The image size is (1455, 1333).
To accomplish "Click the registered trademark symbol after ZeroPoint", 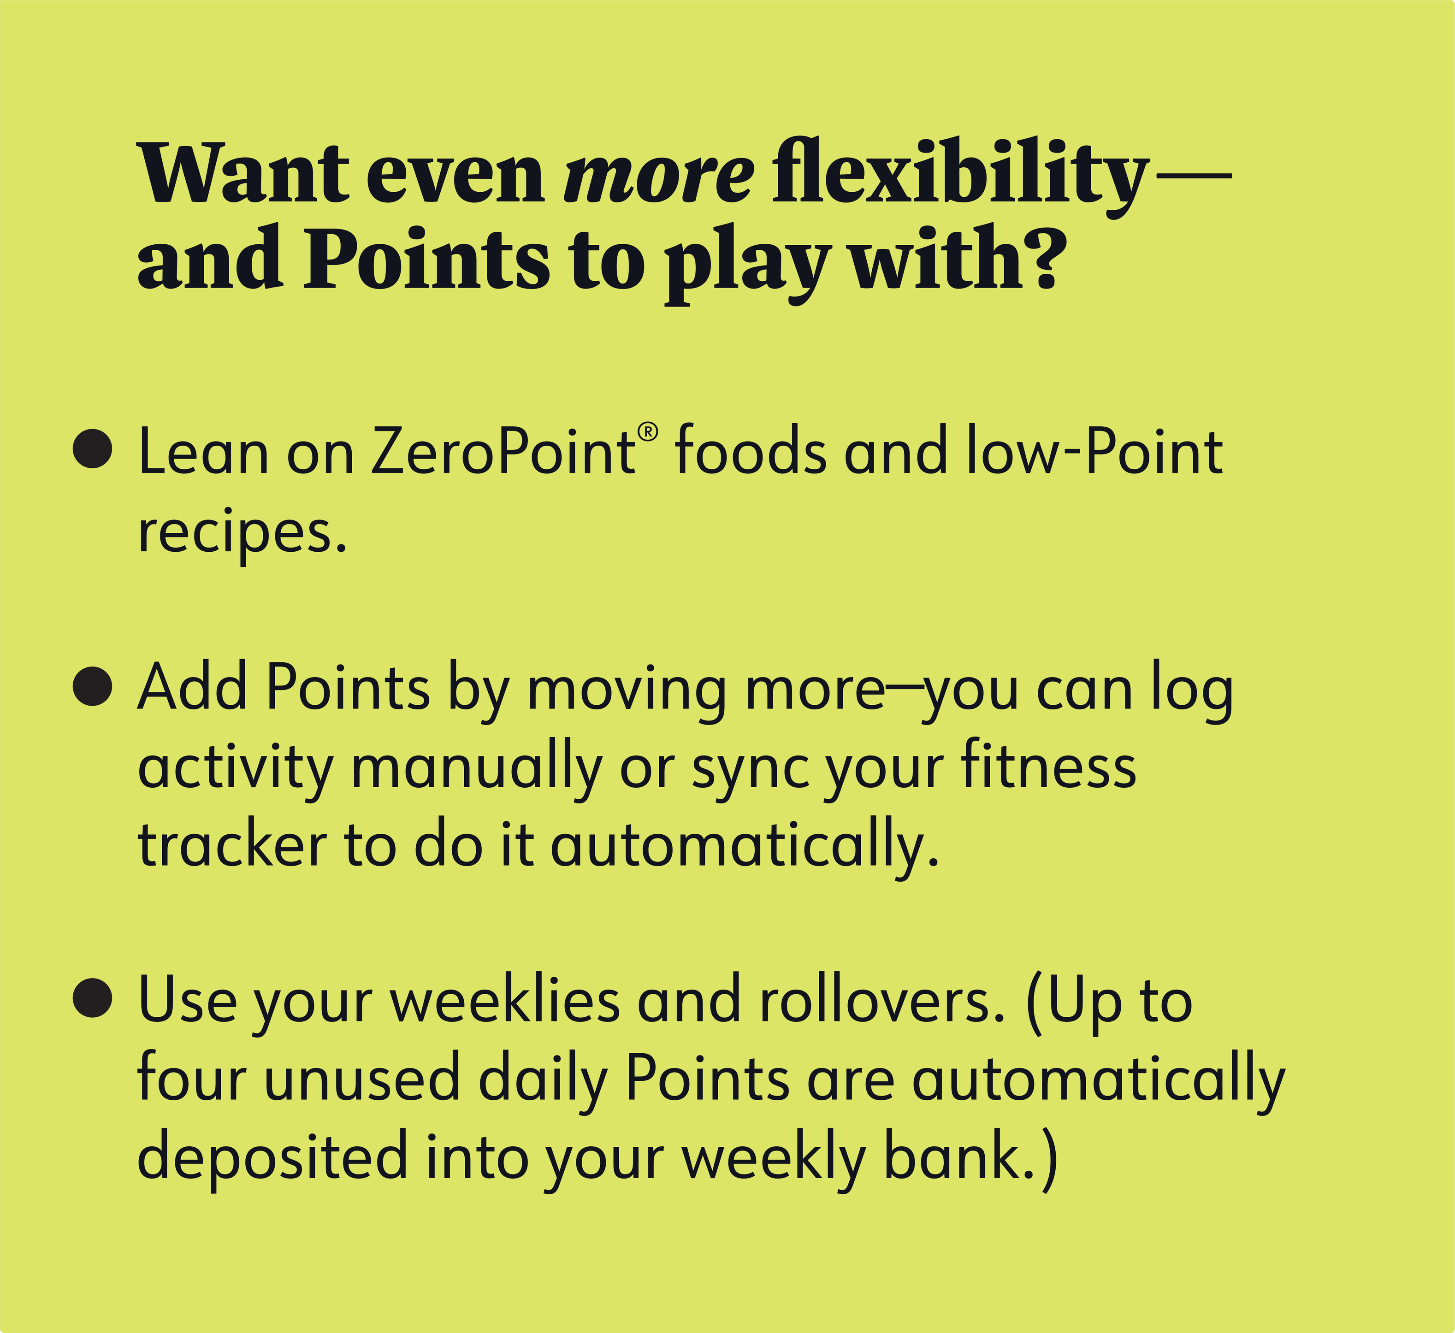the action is (648, 431).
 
